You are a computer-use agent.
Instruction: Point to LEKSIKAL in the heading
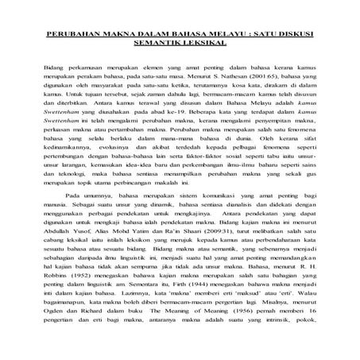click(x=202, y=46)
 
